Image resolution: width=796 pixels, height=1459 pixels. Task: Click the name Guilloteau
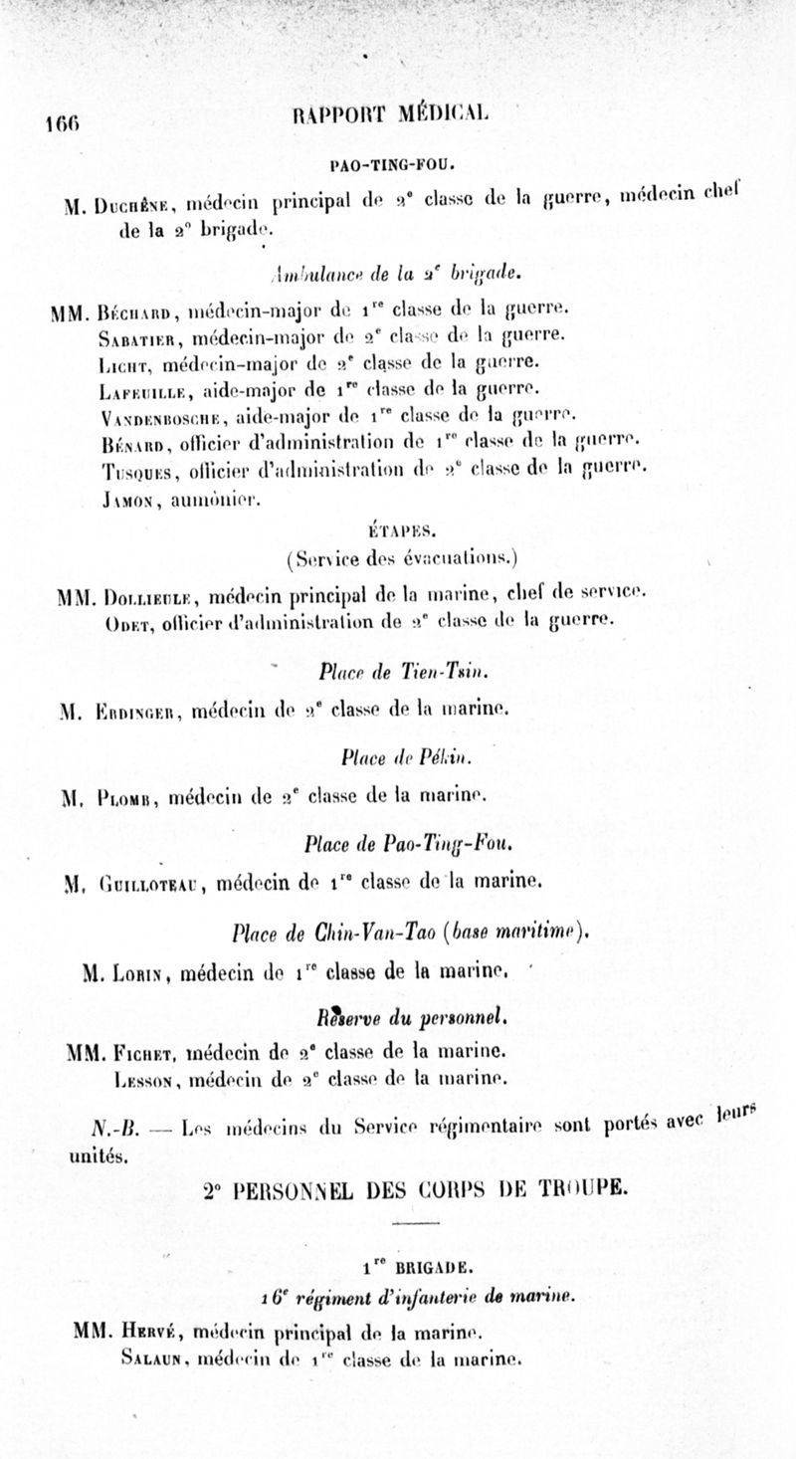pyautogui.click(x=153, y=882)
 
